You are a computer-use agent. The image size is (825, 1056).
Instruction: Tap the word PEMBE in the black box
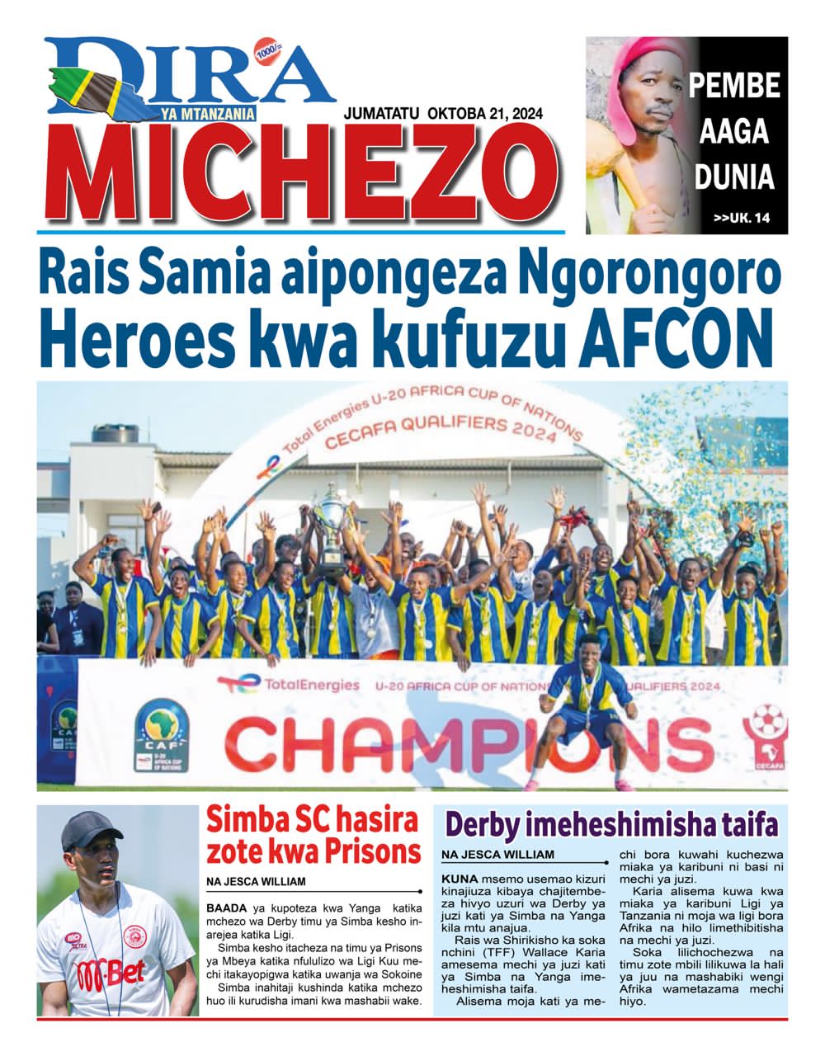pyautogui.click(x=734, y=85)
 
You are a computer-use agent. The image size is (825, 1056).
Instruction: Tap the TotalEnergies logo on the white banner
pyautogui.click(x=289, y=684)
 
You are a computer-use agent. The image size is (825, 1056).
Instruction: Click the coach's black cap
pyautogui.click(x=92, y=829)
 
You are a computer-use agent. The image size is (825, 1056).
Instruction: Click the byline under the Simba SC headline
pyautogui.click(x=256, y=881)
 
